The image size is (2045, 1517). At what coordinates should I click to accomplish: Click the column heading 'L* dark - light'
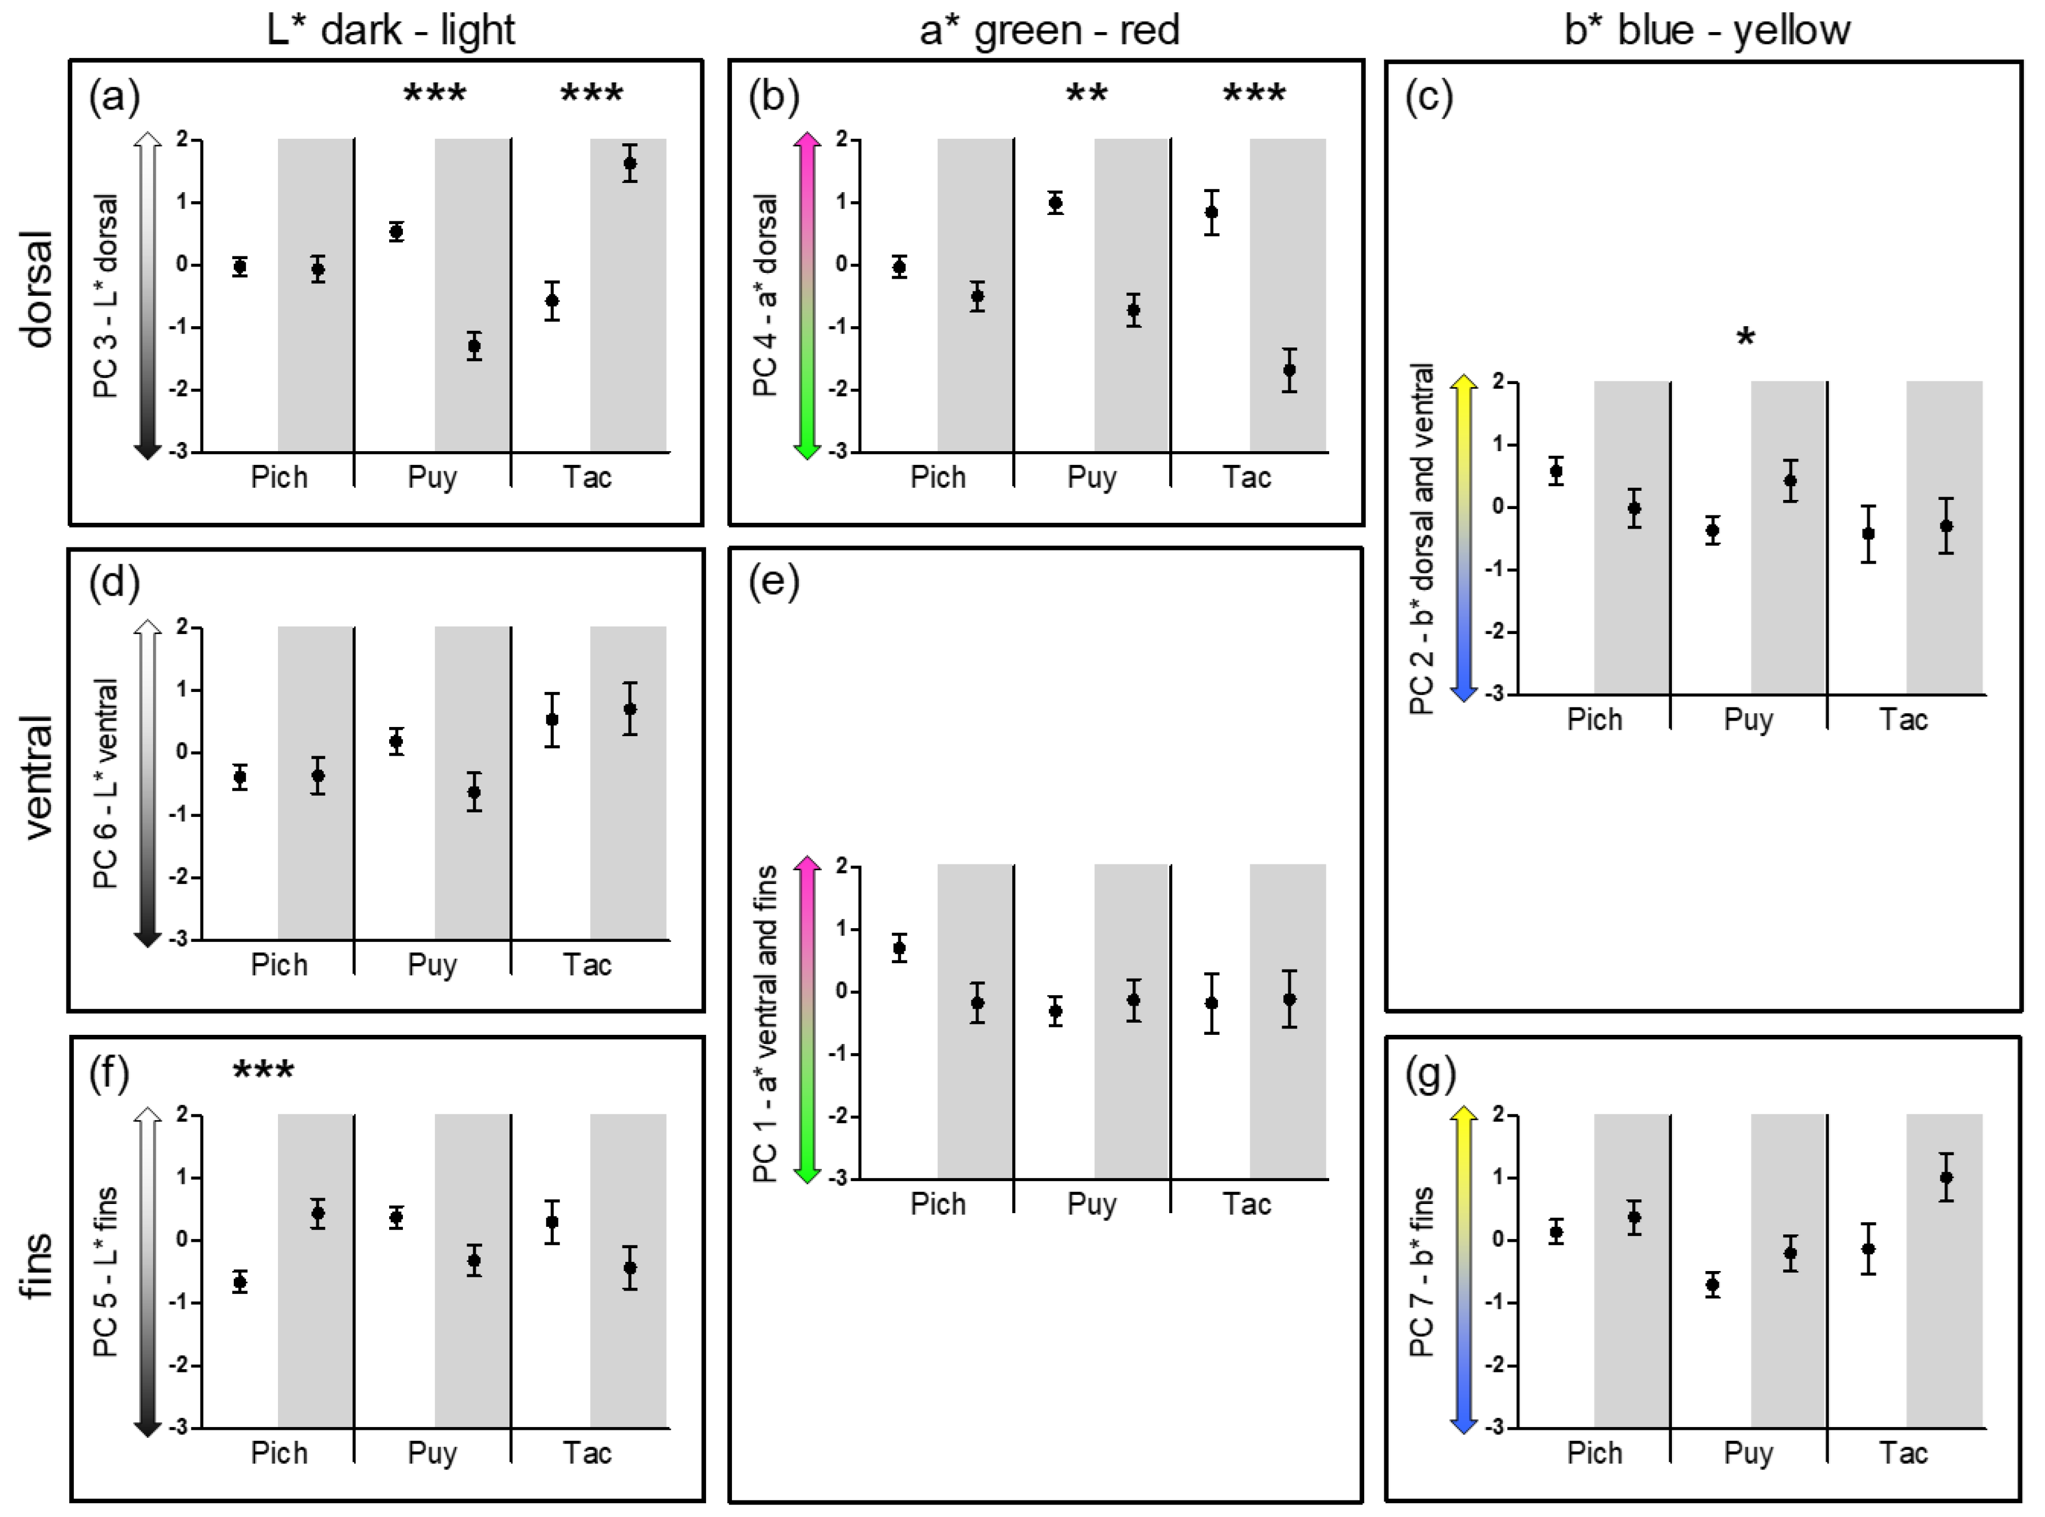[390, 30]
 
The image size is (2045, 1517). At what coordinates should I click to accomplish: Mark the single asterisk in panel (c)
[1745, 338]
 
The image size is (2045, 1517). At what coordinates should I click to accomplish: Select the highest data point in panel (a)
[630, 163]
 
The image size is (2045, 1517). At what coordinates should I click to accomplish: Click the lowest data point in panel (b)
[1290, 370]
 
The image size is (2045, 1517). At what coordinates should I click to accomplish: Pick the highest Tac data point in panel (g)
[1946, 1177]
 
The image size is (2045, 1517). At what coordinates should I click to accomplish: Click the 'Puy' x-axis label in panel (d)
[432, 965]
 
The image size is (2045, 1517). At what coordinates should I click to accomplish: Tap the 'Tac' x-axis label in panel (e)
[1247, 1204]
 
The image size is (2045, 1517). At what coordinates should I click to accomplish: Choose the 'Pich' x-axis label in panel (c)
[1595, 719]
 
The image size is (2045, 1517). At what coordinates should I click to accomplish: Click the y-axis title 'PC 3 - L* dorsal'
[107, 296]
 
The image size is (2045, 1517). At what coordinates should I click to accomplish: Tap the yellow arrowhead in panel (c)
[1463, 381]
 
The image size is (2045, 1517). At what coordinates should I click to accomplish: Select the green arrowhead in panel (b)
[807, 450]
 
